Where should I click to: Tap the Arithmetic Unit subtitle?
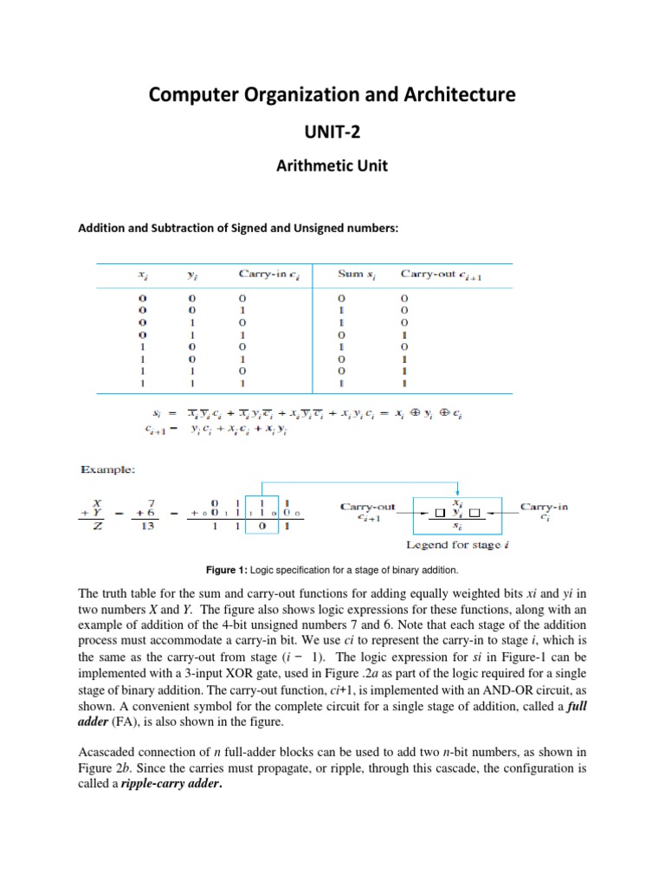click(x=332, y=165)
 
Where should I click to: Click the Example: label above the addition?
click(x=108, y=470)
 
